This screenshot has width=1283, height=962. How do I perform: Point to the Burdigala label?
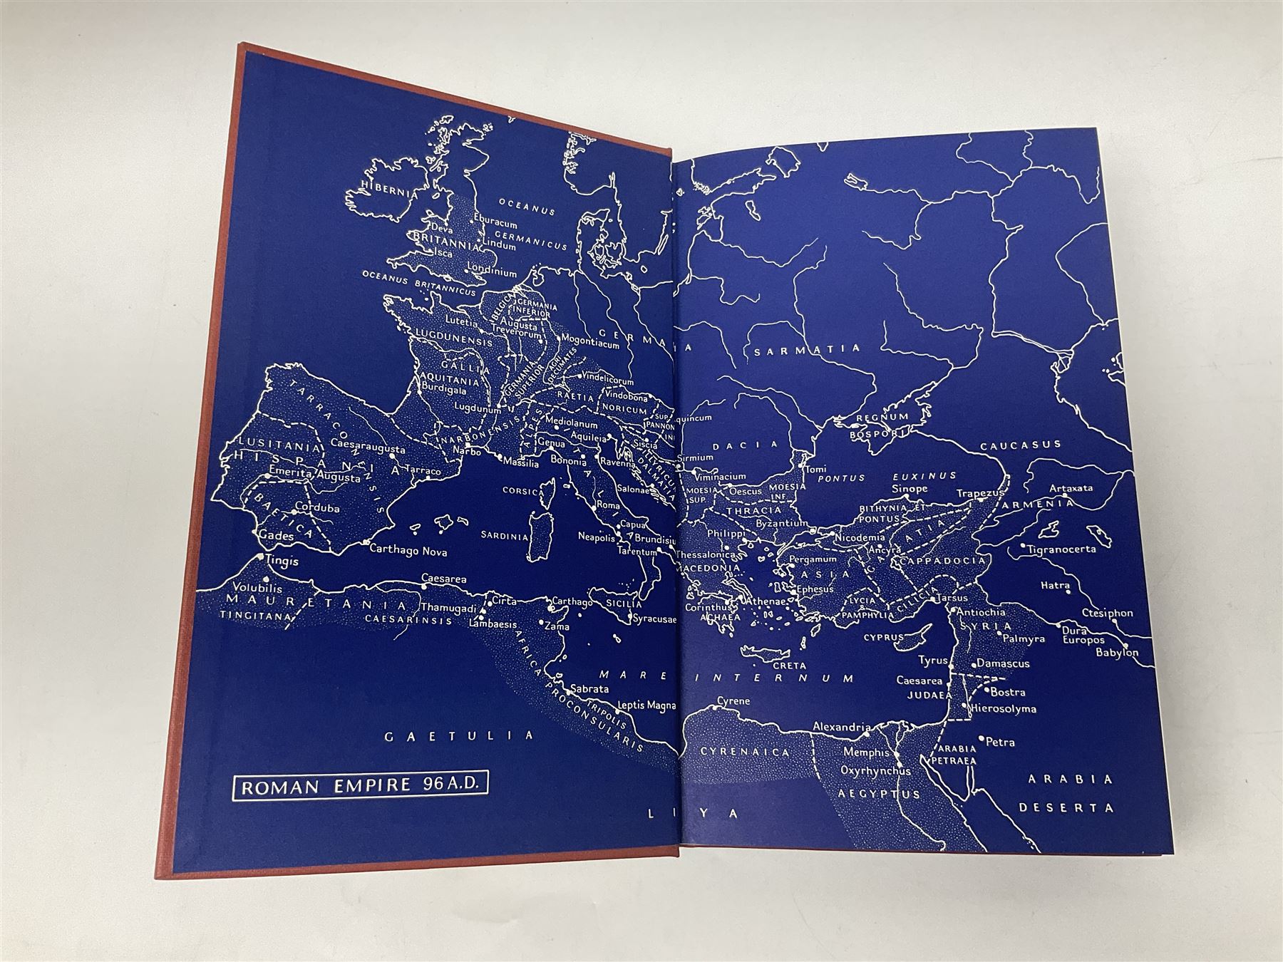coord(446,390)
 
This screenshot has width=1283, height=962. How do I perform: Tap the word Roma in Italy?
coord(607,505)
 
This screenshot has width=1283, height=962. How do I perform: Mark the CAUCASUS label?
coord(1021,445)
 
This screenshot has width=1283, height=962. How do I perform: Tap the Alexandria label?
coord(841,728)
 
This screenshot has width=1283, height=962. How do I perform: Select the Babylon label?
coord(1118,652)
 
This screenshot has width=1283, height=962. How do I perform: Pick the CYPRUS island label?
coord(883,637)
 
